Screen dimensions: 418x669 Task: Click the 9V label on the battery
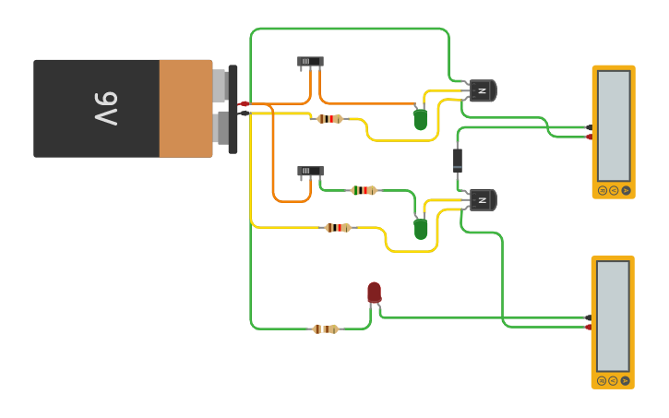point(104,108)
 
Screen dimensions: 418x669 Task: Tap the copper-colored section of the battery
point(185,108)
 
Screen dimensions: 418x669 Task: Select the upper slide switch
point(310,62)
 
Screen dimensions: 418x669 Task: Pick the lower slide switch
point(310,172)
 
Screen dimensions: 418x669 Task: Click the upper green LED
point(421,119)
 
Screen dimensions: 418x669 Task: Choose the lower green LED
point(421,228)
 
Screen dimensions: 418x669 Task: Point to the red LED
point(374,293)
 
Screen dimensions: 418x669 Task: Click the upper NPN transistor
point(483,90)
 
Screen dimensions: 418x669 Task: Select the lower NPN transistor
point(483,199)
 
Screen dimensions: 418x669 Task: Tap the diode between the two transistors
point(458,160)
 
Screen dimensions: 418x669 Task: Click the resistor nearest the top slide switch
point(329,118)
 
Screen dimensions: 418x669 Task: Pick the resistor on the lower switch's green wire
point(364,190)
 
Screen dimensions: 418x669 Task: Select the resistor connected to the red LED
point(326,328)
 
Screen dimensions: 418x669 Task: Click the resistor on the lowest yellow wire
point(339,227)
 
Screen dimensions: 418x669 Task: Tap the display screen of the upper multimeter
point(613,125)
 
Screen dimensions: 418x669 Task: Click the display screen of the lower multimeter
point(613,316)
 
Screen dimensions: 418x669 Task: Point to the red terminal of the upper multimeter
point(590,137)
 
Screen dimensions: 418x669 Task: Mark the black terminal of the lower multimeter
point(589,317)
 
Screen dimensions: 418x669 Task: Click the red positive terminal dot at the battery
point(244,103)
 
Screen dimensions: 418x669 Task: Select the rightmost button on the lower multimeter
point(625,380)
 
